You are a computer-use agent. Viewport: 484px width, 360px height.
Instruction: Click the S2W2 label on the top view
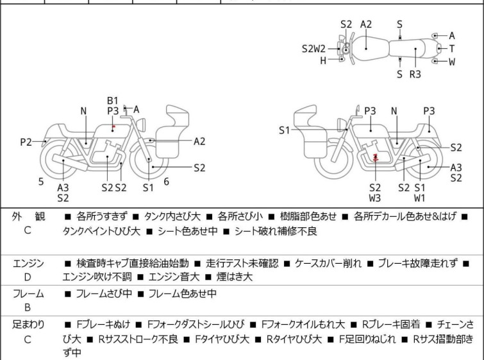pyautogui.click(x=313, y=49)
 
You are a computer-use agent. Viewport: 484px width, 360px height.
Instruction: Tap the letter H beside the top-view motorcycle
pyautogui.click(x=323, y=61)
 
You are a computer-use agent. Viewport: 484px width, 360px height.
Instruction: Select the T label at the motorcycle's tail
pyautogui.click(x=452, y=49)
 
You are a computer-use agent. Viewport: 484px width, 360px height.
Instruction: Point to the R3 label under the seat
pyautogui.click(x=415, y=74)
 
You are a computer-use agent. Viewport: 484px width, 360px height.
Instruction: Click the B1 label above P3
pyautogui.click(x=113, y=101)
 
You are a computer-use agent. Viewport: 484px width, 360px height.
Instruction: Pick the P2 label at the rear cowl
pyautogui.click(x=26, y=142)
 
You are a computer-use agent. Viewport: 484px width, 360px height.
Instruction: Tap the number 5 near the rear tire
pyautogui.click(x=41, y=182)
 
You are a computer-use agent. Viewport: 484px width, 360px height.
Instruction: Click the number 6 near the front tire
pyautogui.click(x=167, y=182)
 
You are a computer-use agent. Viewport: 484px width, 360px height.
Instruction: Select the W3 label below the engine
pyautogui.click(x=375, y=198)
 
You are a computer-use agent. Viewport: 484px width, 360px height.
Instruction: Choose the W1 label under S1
pyautogui.click(x=419, y=198)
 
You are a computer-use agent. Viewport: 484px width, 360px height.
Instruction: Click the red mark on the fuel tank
pyautogui.click(x=114, y=126)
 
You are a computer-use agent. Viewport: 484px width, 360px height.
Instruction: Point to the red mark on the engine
pyautogui.click(x=376, y=158)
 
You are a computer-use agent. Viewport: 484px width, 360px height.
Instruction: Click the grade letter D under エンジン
pyautogui.click(x=28, y=277)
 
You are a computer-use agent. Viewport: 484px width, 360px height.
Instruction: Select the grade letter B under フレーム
pyautogui.click(x=28, y=307)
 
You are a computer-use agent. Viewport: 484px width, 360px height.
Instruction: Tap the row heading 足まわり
pyautogui.click(x=28, y=325)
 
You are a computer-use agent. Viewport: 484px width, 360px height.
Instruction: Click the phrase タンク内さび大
pyautogui.click(x=172, y=216)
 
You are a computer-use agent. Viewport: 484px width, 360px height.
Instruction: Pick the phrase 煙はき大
pyautogui.click(x=234, y=277)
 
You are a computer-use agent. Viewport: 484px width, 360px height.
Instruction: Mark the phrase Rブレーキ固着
pyautogui.click(x=391, y=325)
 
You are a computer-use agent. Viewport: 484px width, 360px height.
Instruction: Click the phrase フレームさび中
pyautogui.click(x=104, y=293)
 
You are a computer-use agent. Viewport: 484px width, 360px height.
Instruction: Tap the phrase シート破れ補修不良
pyautogui.click(x=276, y=231)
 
